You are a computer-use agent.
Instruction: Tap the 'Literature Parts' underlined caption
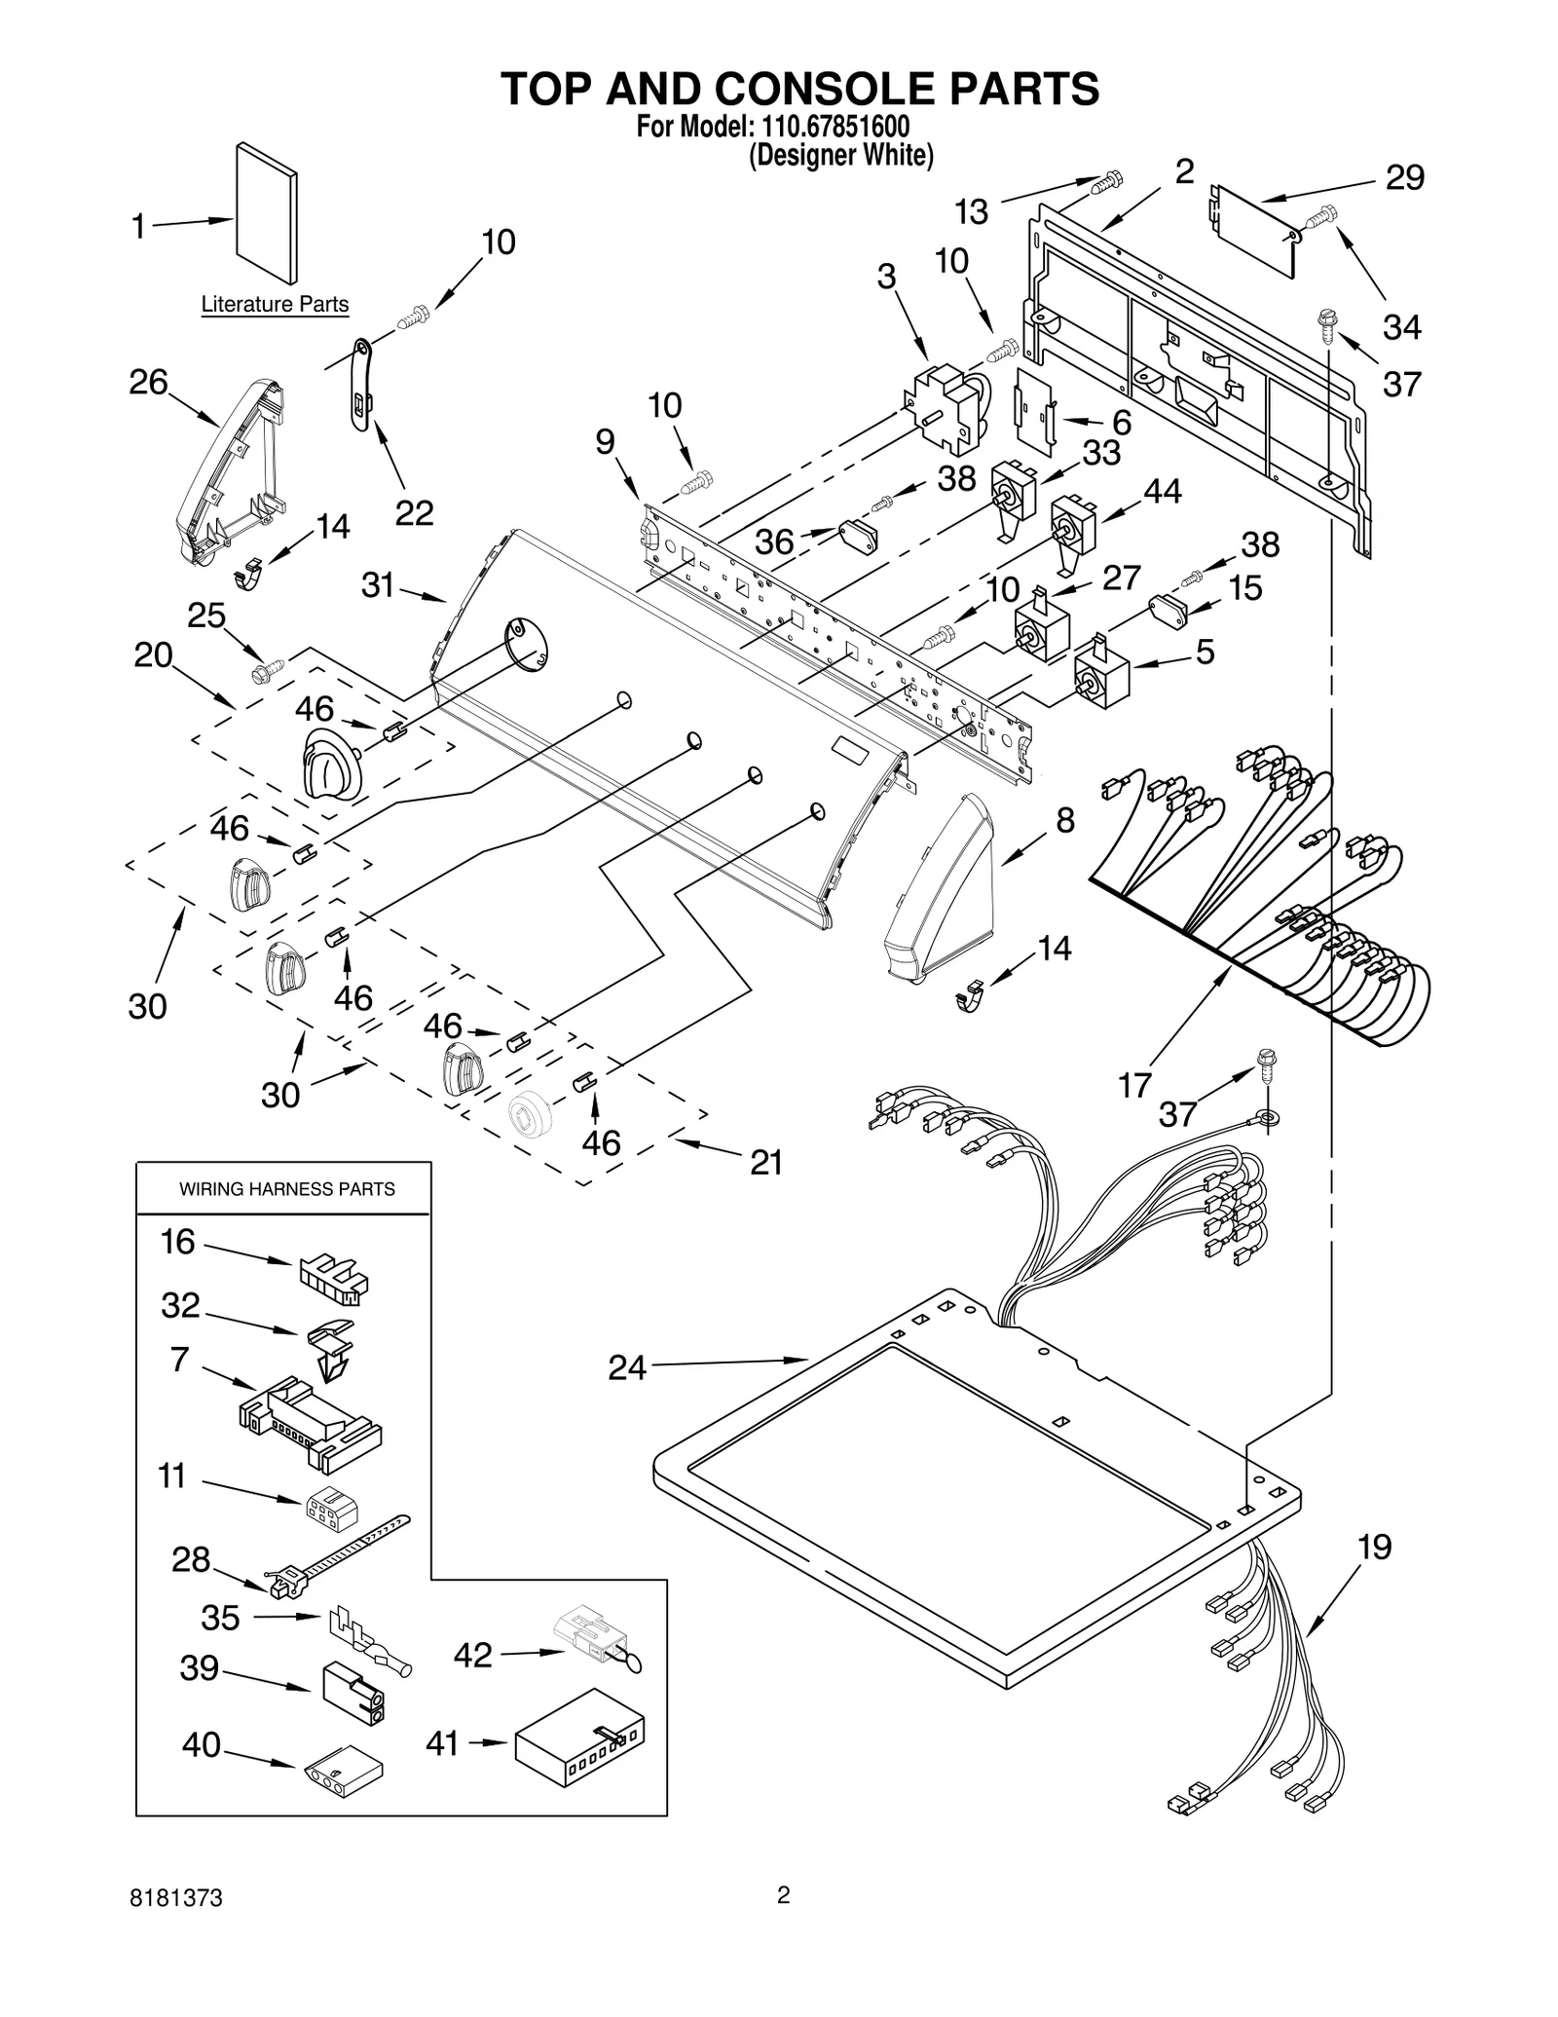coord(275,304)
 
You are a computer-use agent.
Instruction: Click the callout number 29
coord(1404,177)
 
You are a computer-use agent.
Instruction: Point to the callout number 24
coord(626,1367)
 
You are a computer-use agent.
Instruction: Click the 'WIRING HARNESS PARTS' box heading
coord(287,1189)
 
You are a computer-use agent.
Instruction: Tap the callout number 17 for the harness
coord(1134,1084)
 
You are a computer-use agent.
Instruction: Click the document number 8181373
coord(176,1898)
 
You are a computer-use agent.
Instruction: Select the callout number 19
coord(1374,1547)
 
